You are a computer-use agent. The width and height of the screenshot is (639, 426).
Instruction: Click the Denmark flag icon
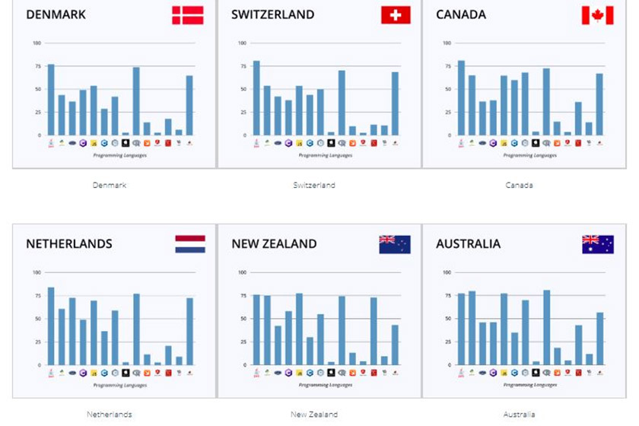tap(187, 15)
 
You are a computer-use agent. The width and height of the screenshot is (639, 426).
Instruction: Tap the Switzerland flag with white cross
tap(395, 15)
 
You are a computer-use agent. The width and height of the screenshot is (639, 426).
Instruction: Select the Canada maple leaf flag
tap(597, 15)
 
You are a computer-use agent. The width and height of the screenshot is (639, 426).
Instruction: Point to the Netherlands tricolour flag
tap(189, 244)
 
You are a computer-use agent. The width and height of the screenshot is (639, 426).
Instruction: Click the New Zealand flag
tap(395, 244)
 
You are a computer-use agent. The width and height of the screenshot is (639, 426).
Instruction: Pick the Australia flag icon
tap(597, 244)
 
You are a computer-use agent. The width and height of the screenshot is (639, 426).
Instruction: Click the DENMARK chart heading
tap(56, 14)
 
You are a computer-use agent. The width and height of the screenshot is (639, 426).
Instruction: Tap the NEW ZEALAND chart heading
tap(274, 244)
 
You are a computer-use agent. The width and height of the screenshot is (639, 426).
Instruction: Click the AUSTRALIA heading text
tap(468, 244)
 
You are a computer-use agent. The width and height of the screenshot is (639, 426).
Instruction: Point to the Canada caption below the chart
tap(519, 185)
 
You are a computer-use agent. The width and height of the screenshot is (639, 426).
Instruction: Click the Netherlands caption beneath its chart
tap(110, 415)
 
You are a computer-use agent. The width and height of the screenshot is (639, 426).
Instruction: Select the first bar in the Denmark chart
tap(51, 100)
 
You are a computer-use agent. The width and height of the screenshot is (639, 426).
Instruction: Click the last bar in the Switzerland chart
tap(395, 103)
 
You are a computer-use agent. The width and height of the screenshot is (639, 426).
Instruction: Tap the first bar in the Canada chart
tap(461, 98)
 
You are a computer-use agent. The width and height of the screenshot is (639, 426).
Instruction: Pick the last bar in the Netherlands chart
tap(189, 332)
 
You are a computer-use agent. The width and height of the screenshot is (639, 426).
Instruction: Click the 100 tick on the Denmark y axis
tap(37, 43)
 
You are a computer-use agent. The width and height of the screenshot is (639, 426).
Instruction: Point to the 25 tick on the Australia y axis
tap(447, 342)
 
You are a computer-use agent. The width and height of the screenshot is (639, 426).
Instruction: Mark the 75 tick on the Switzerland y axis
tap(243, 66)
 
